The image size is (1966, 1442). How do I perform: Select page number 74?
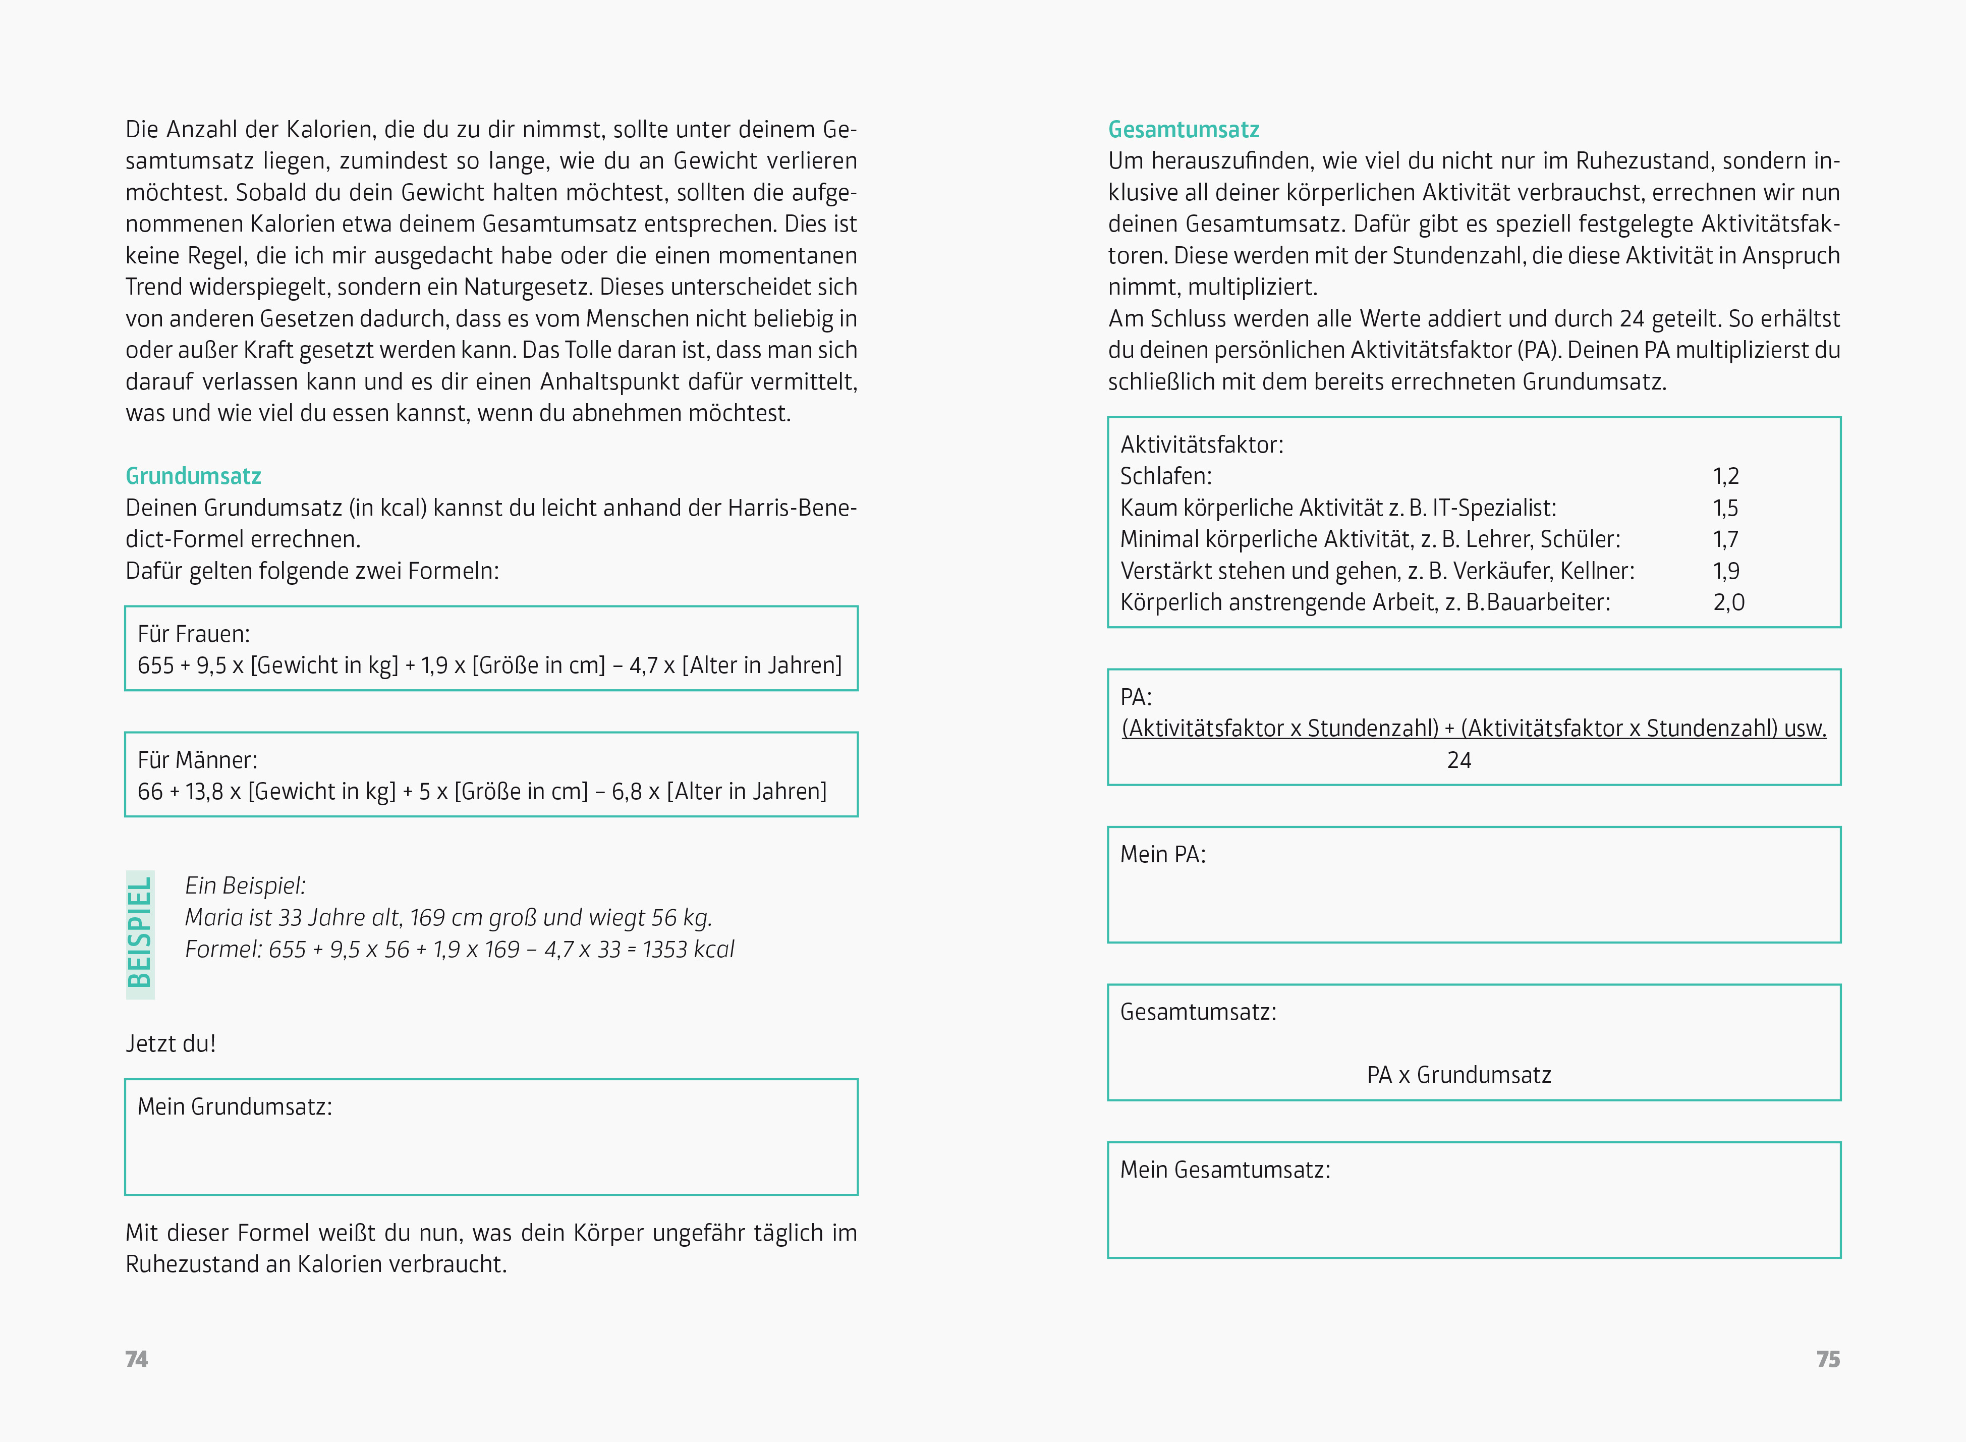click(x=137, y=1359)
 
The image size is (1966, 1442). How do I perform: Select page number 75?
click(x=1828, y=1359)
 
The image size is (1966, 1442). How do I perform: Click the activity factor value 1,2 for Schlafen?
click(x=1725, y=477)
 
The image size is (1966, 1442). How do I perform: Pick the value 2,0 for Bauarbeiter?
click(x=1728, y=602)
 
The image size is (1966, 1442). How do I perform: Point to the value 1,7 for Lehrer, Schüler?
click(x=1725, y=539)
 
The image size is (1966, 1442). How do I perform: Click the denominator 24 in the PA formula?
click(x=1459, y=760)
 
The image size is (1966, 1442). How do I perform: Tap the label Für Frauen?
click(x=194, y=634)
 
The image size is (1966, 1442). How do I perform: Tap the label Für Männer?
click(x=197, y=760)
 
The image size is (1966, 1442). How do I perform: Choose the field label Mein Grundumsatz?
click(x=235, y=1107)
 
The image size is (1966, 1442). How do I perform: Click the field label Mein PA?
click(x=1162, y=855)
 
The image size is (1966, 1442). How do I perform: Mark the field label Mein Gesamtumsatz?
click(x=1225, y=1170)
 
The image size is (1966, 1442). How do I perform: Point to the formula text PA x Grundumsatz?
click(x=1459, y=1075)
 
